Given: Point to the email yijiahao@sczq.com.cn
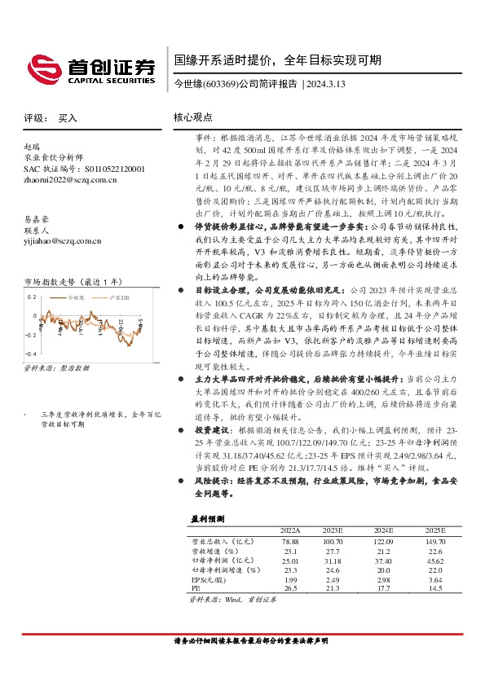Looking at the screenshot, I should click(x=62, y=241).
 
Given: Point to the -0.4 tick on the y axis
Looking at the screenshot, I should click(x=30, y=354).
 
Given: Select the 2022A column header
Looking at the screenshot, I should click(x=290, y=530).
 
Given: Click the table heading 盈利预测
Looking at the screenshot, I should click(x=207, y=518).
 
